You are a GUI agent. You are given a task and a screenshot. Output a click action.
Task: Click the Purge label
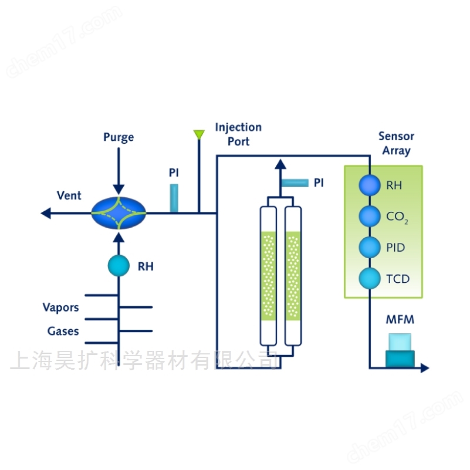[x=119, y=137]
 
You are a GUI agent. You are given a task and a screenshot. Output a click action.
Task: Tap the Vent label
[x=69, y=195]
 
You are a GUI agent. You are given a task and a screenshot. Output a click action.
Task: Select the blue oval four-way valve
[x=119, y=213]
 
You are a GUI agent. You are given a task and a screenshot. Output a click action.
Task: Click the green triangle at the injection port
[x=199, y=134]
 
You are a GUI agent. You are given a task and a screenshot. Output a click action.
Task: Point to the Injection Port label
[x=238, y=134]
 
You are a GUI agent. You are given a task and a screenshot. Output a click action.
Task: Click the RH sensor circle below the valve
[x=119, y=266]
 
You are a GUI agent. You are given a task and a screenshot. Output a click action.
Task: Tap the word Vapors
[x=61, y=307]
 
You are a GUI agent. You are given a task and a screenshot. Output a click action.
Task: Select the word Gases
[x=63, y=331]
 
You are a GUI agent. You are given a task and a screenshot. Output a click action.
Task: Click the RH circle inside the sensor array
[x=370, y=185]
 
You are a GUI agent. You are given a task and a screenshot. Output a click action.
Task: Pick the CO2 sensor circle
[x=370, y=216]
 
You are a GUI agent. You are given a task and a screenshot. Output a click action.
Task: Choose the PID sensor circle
[x=370, y=247]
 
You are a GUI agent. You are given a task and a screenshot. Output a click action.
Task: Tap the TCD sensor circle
[x=370, y=278]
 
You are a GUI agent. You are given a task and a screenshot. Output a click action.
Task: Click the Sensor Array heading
[x=396, y=143]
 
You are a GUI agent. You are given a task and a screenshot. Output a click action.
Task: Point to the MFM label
[x=400, y=320]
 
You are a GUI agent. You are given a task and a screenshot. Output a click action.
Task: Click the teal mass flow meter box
[x=400, y=351]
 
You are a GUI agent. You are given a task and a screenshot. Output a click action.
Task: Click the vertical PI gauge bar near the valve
[x=174, y=198]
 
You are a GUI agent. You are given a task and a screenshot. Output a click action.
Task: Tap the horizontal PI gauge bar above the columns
[x=295, y=182]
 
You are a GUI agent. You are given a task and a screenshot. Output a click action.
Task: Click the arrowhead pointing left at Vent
[x=46, y=213]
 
